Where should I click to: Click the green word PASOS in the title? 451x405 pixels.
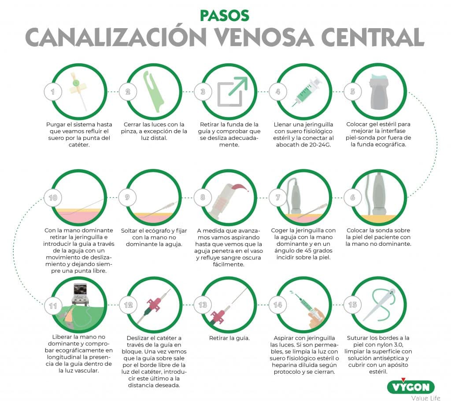pyautogui.click(x=224, y=16)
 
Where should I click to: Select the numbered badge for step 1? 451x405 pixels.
pyautogui.click(x=53, y=91)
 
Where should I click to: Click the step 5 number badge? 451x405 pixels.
pyautogui.click(x=353, y=91)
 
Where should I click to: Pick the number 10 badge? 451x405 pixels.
pyautogui.click(x=53, y=197)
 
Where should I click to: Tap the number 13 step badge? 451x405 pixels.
pyautogui.click(x=203, y=305)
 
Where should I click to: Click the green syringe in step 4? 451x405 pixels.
pyautogui.click(x=307, y=91)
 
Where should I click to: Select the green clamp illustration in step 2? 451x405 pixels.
pyautogui.click(x=153, y=91)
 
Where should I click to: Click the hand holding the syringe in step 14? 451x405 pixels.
pyautogui.click(x=317, y=317)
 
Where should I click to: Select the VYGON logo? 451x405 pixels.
pyautogui.click(x=411, y=387)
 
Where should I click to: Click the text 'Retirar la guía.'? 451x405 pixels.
pyautogui.click(x=229, y=338)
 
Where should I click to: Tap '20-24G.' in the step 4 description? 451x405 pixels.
pyautogui.click(x=319, y=145)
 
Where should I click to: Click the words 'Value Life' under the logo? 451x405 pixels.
pyautogui.click(x=426, y=398)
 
